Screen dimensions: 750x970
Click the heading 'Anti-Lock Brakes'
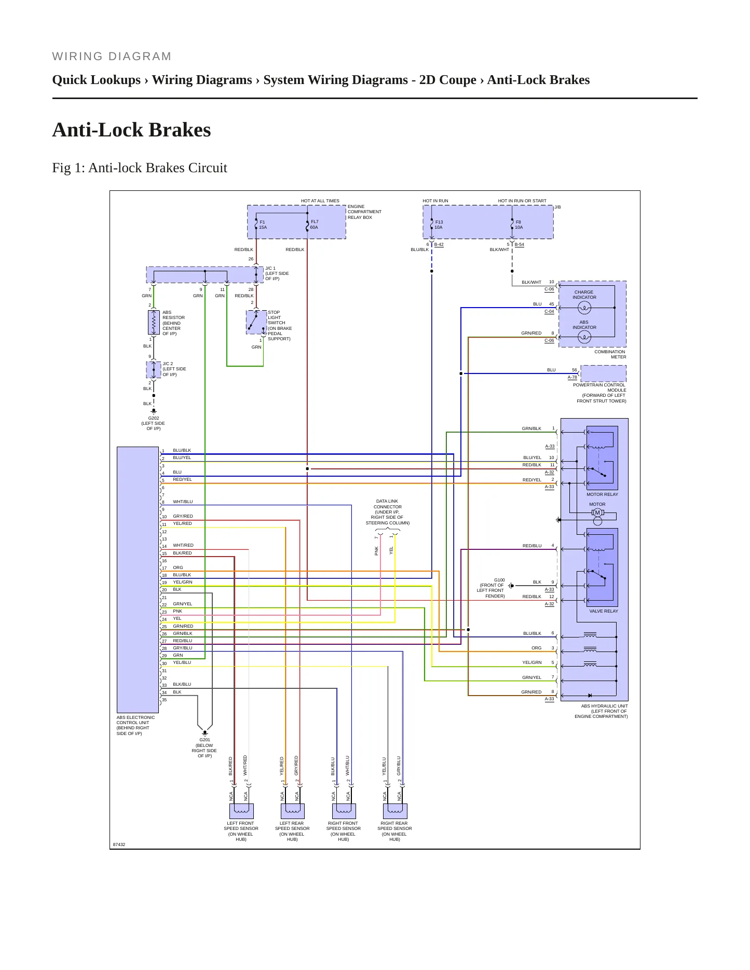coord(131,130)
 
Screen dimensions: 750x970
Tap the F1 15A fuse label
coord(263,225)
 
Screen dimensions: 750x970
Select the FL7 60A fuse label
coord(315,225)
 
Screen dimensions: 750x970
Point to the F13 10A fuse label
coord(439,225)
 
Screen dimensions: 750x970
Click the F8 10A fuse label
coord(519,225)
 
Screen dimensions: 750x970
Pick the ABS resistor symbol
coord(154,323)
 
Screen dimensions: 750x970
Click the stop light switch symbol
coord(256,322)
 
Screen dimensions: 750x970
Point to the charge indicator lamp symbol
coord(584,308)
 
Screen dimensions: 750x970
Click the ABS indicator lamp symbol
coord(584,337)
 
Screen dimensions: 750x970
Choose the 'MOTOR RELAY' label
coord(602,494)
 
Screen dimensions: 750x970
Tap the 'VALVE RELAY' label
coord(604,611)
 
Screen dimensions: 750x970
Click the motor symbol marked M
coord(597,512)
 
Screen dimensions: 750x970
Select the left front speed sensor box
coord(241,811)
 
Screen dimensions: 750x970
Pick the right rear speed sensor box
coord(395,811)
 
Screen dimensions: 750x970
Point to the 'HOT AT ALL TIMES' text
coord(320,201)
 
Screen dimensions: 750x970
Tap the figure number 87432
coord(119,844)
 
